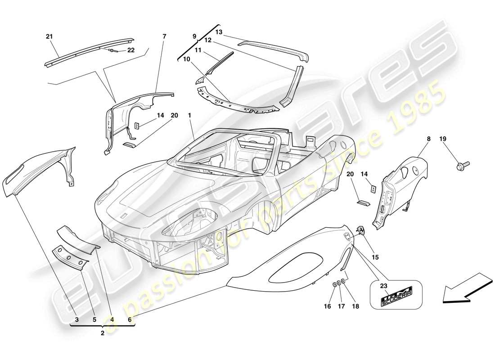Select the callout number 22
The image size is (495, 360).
click(x=131, y=50)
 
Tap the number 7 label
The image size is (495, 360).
click(x=164, y=36)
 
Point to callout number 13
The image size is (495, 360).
click(x=219, y=32)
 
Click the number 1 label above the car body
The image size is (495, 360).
click(x=190, y=116)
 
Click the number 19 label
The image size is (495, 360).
click(x=443, y=139)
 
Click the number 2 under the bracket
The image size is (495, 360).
click(x=103, y=333)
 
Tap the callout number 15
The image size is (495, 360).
click(x=375, y=257)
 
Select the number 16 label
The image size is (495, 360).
click(x=327, y=306)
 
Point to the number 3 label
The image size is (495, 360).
click(x=77, y=320)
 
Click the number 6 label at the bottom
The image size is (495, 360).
click(x=130, y=320)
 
